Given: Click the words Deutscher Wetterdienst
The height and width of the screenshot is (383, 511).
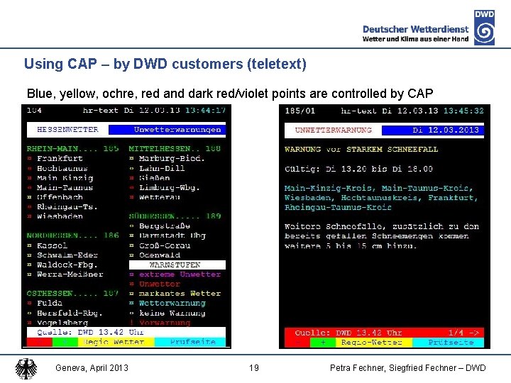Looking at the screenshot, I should pyautogui.click(x=415, y=29).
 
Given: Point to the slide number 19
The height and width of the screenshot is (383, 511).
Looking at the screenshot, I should pyautogui.click(x=254, y=367).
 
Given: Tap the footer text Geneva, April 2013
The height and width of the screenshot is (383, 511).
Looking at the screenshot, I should pyautogui.click(x=92, y=367).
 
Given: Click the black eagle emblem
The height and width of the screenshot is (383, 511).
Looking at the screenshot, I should pyautogui.click(x=27, y=369).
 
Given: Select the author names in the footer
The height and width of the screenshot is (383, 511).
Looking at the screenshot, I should pyautogui.click(x=408, y=367).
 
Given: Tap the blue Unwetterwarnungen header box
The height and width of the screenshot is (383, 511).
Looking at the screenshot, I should pyautogui.click(x=177, y=130).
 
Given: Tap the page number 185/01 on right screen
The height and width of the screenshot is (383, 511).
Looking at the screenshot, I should pyautogui.click(x=301, y=110).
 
